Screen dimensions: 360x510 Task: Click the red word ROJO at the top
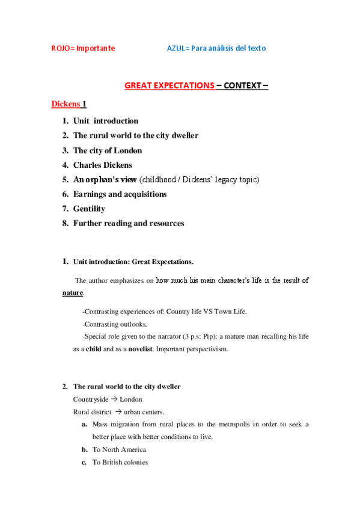click(x=59, y=48)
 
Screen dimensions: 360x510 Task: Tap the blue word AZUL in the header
click(x=177, y=48)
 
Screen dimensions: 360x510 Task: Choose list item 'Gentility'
click(x=89, y=209)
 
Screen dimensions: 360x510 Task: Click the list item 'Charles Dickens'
click(x=103, y=165)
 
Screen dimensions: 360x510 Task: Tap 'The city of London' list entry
click(x=108, y=150)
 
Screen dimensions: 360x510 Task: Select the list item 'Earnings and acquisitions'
click(x=120, y=194)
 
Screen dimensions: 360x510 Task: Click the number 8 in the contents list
click(x=64, y=223)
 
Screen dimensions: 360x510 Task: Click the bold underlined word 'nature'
click(x=73, y=293)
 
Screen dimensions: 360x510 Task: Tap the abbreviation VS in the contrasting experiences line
click(x=198, y=312)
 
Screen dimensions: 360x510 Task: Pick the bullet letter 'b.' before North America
click(x=85, y=449)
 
